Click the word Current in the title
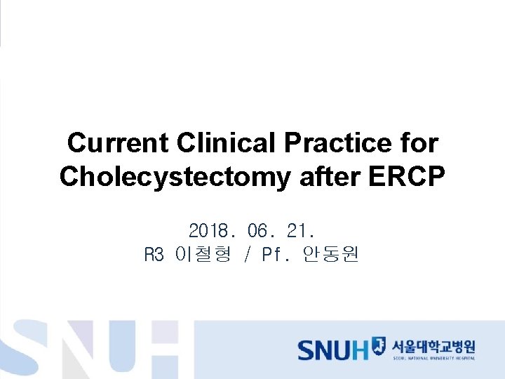118,143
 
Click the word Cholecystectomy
175,177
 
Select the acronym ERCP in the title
406,177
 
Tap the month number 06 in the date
258,230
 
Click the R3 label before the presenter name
154,255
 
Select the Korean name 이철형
203,255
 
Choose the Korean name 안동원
330,255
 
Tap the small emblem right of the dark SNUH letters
379,345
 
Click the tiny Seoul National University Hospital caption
433,359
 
